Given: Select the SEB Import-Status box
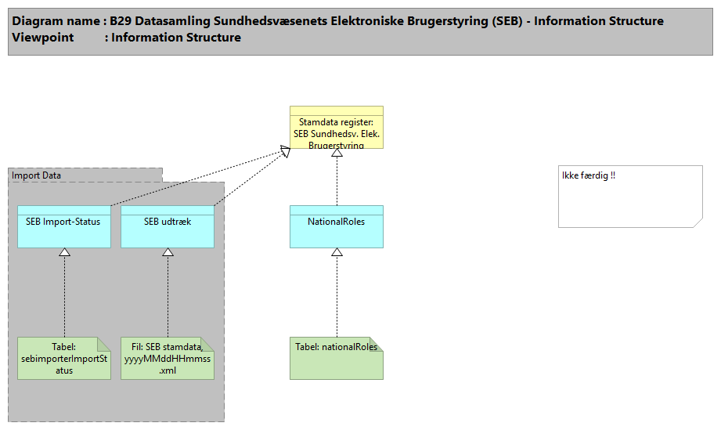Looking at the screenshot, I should tap(64, 227).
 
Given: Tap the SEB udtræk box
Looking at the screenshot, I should tap(168, 227).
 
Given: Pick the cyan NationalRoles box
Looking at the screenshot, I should tap(336, 227).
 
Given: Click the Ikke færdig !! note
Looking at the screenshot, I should tap(629, 196).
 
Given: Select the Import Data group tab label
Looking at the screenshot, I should tap(37, 175).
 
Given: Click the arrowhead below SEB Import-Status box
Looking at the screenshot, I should tap(65, 252).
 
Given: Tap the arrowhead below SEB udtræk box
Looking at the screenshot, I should tap(168, 252).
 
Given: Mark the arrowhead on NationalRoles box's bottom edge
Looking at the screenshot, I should tap(337, 252).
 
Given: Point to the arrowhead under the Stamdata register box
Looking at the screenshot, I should tap(337, 153).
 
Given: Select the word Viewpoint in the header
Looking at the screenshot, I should tap(43, 38).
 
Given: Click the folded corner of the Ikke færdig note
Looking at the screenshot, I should tap(698, 223).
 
